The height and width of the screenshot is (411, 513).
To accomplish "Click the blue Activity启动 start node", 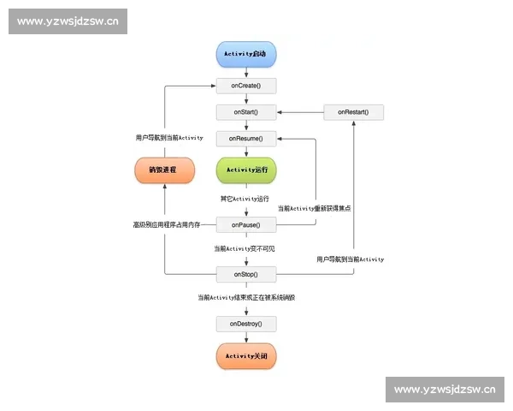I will [246, 54].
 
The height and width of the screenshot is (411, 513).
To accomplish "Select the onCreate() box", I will [246, 86].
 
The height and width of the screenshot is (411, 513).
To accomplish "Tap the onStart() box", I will [246, 112].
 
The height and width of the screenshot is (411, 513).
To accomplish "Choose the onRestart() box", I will [353, 112].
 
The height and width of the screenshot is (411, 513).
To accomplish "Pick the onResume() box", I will [246, 138].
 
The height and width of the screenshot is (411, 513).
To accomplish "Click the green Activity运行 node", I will [246, 170].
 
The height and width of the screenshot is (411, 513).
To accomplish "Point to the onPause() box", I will [246, 224].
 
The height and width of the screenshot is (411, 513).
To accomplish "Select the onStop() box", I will [246, 274].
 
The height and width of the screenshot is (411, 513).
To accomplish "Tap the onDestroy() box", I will [246, 324].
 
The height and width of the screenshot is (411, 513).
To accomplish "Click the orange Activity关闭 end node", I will [246, 355].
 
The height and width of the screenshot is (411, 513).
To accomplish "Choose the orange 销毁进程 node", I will [162, 170].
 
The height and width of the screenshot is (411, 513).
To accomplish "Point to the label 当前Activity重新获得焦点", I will [315, 208].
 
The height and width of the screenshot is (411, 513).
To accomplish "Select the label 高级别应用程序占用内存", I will [166, 224].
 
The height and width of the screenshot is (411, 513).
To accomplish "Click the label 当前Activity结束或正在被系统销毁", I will [246, 297].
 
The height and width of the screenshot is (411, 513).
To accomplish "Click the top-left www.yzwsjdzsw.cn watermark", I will [68, 21].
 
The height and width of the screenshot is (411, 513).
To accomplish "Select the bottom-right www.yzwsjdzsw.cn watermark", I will [445, 390].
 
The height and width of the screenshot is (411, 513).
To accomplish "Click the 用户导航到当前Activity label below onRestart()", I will [350, 259].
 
